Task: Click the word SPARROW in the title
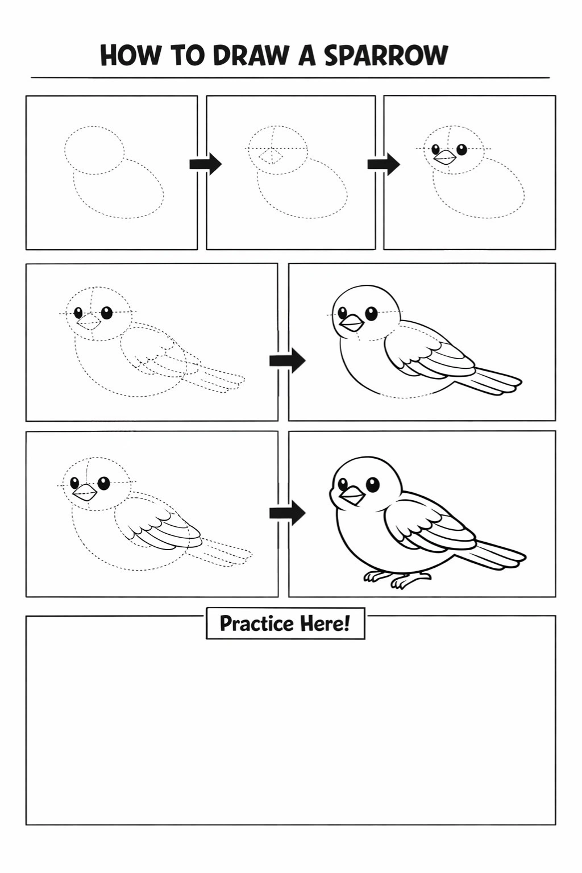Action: [386, 55]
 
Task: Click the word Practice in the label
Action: [256, 624]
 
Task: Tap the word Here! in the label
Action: [325, 624]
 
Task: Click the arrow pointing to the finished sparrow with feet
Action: [287, 513]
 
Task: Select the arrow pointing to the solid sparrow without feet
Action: [287, 361]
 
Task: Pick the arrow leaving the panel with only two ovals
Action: [205, 164]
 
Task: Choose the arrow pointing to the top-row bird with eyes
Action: [384, 164]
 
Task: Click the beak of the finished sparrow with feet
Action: [352, 496]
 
